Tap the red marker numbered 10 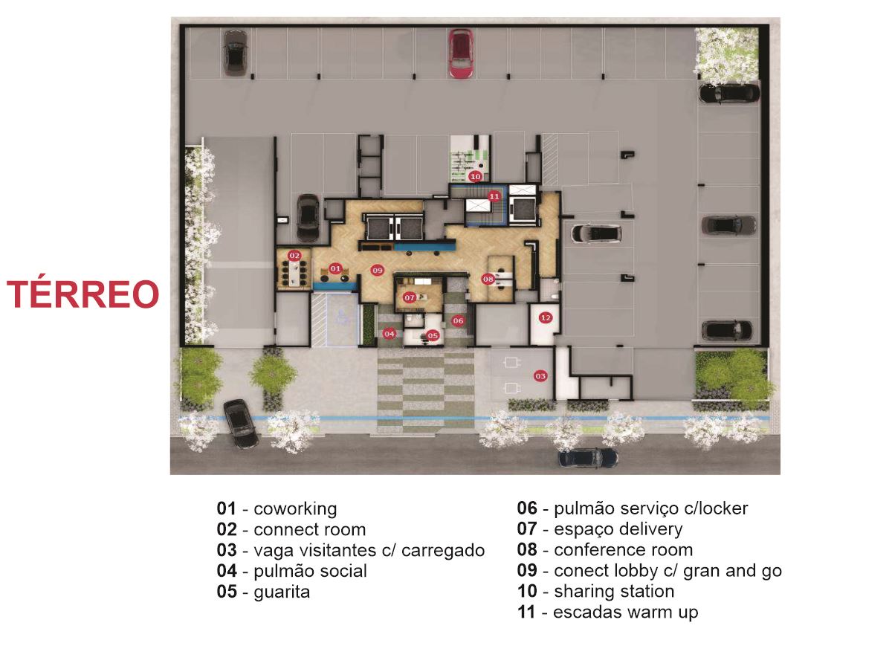point(475,176)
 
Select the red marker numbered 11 point(494,196)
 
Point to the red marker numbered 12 point(546,317)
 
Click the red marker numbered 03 point(540,376)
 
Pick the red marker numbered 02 point(294,256)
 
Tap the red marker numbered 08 point(488,279)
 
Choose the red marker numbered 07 point(410,298)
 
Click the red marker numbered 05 point(433,335)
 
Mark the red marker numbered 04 point(389,334)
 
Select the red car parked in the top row point(460,54)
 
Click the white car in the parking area point(596,233)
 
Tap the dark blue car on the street point(589,458)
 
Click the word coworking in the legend point(295,508)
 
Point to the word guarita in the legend point(282,592)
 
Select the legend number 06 point(527,508)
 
